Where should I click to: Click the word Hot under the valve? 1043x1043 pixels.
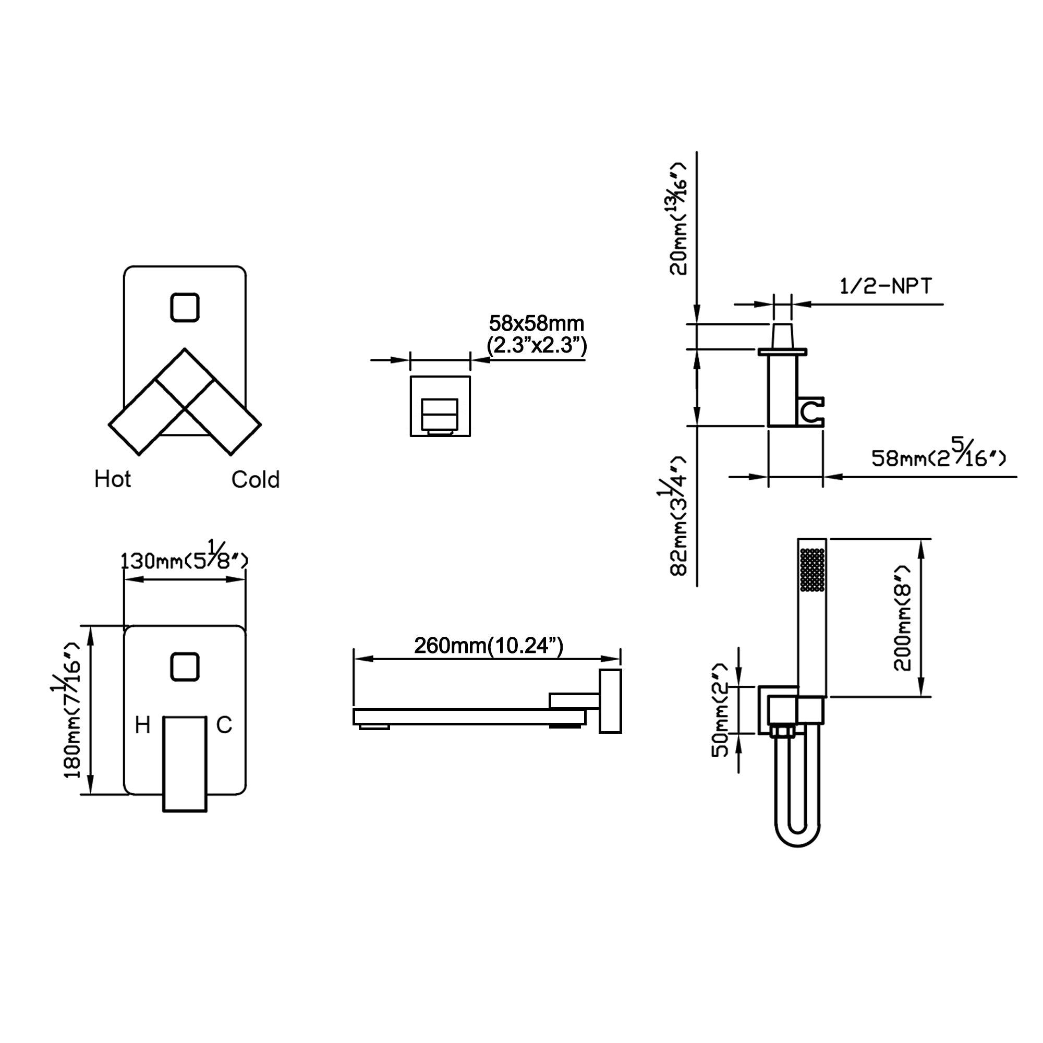click(x=112, y=479)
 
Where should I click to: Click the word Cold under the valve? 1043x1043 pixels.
click(x=256, y=479)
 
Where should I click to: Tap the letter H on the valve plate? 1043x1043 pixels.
click(x=142, y=725)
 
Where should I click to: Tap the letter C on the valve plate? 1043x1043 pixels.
click(x=224, y=725)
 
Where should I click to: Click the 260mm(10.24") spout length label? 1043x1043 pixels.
click(x=489, y=646)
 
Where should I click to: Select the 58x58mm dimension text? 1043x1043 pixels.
click(x=536, y=324)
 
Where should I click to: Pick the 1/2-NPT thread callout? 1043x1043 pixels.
click(x=886, y=286)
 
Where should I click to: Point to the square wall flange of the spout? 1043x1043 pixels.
click(x=610, y=701)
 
